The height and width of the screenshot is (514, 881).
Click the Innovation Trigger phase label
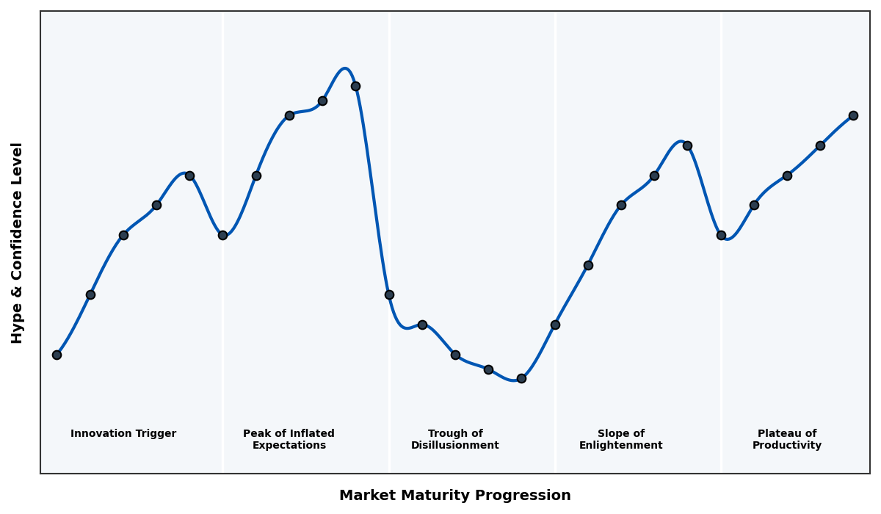pyautogui.click(x=123, y=434)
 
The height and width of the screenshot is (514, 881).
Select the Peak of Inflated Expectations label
pyautogui.click(x=289, y=439)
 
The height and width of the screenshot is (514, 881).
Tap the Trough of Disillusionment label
pyautogui.click(x=454, y=439)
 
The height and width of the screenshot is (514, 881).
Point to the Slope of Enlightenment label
pyautogui.click(x=620, y=439)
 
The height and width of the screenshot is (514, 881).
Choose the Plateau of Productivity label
pyautogui.click(x=786, y=439)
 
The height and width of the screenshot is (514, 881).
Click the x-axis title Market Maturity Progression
pyautogui.click(x=454, y=496)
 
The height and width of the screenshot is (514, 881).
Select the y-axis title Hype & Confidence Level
pyautogui.click(x=18, y=242)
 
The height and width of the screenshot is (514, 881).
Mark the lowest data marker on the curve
pyautogui.click(x=521, y=378)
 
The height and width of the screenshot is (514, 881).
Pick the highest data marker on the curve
pyautogui.click(x=355, y=86)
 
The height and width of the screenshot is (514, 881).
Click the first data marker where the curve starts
pyautogui.click(x=57, y=355)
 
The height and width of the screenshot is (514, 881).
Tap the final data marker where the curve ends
pyautogui.click(x=853, y=115)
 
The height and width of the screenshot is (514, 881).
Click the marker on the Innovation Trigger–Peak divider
pyautogui.click(x=222, y=235)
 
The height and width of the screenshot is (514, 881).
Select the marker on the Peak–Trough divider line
pyautogui.click(x=389, y=294)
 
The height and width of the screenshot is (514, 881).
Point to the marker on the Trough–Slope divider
pyautogui.click(x=555, y=325)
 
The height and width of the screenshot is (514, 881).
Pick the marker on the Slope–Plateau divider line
pyautogui.click(x=721, y=235)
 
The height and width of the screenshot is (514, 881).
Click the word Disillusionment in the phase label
pyautogui.click(x=454, y=446)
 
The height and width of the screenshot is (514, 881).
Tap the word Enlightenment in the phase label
pyautogui.click(x=620, y=446)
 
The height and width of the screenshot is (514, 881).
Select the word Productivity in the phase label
pyautogui.click(x=786, y=446)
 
